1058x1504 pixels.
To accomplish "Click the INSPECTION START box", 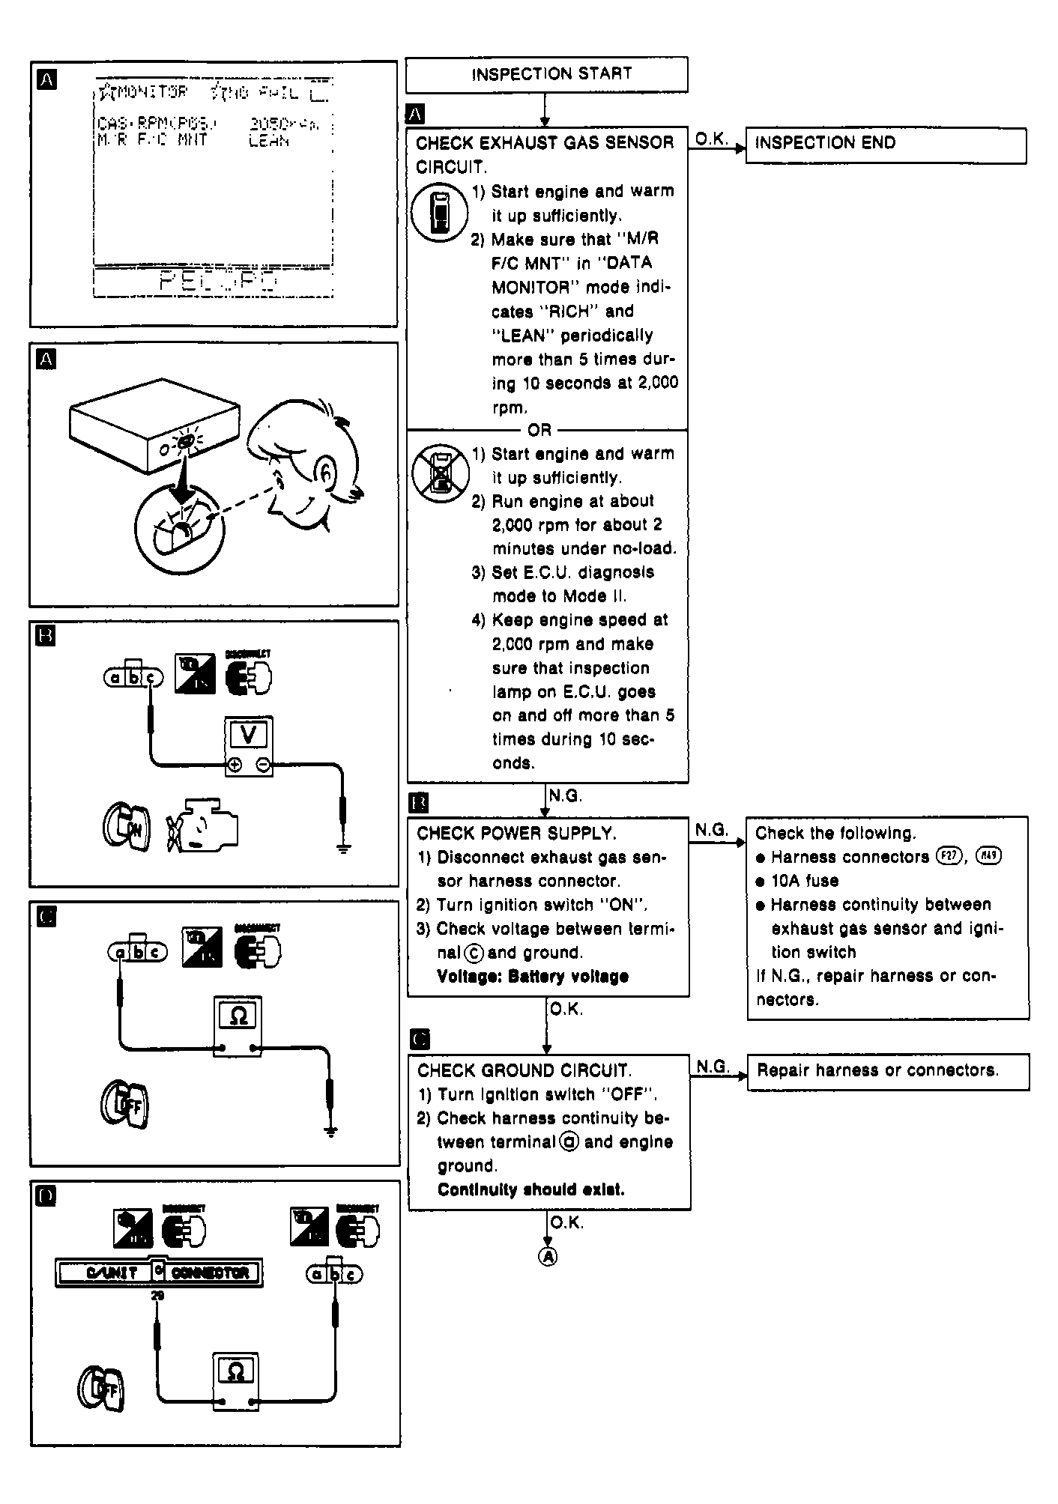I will [x=546, y=74].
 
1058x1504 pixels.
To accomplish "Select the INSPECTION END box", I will [x=885, y=145].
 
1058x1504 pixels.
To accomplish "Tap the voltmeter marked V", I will [x=249, y=745].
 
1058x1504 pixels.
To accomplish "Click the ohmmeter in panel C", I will [x=238, y=1025].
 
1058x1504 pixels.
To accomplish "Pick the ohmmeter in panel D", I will [x=235, y=1382].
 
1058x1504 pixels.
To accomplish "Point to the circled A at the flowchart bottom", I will [x=548, y=1257].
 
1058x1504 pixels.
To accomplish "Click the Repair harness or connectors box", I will [x=887, y=1071].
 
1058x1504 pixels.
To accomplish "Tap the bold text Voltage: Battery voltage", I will [x=532, y=977].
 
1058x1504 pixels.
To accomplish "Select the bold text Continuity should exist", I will [x=530, y=1189].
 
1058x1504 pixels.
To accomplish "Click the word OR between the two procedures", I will [x=539, y=430].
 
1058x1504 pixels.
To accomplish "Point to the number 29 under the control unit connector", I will [x=157, y=1295].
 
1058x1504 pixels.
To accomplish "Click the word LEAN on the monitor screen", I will [x=268, y=141].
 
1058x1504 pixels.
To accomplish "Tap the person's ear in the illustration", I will [x=328, y=470].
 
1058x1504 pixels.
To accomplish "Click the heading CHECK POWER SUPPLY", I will [x=516, y=834].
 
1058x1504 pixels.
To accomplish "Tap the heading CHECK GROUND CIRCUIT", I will [x=524, y=1070].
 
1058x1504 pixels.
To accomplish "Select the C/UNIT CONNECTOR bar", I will [x=159, y=1272].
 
